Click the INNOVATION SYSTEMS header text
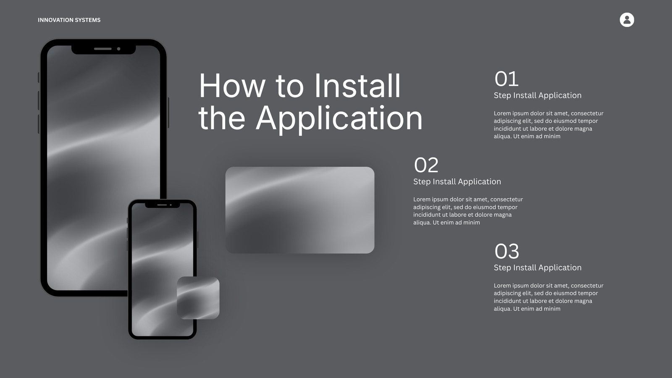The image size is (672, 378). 69,20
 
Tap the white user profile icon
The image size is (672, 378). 627,20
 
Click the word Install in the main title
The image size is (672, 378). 357,86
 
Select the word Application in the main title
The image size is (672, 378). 339,118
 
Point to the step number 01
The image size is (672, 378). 507,79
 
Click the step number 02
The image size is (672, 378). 426,165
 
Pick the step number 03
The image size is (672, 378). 507,251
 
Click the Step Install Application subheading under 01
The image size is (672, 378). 538,95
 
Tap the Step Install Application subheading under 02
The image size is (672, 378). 457,181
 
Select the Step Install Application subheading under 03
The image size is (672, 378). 538,268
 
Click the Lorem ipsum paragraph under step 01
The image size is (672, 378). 549,125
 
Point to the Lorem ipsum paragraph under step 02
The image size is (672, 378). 468,211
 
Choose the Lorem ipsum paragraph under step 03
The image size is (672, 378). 549,297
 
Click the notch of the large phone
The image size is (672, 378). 103,50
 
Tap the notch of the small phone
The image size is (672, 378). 162,205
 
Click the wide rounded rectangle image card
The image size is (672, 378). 300,210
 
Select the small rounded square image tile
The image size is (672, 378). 198,298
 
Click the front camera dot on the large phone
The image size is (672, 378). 119,49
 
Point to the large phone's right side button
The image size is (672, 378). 168,113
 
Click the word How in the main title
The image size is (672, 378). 232,86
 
